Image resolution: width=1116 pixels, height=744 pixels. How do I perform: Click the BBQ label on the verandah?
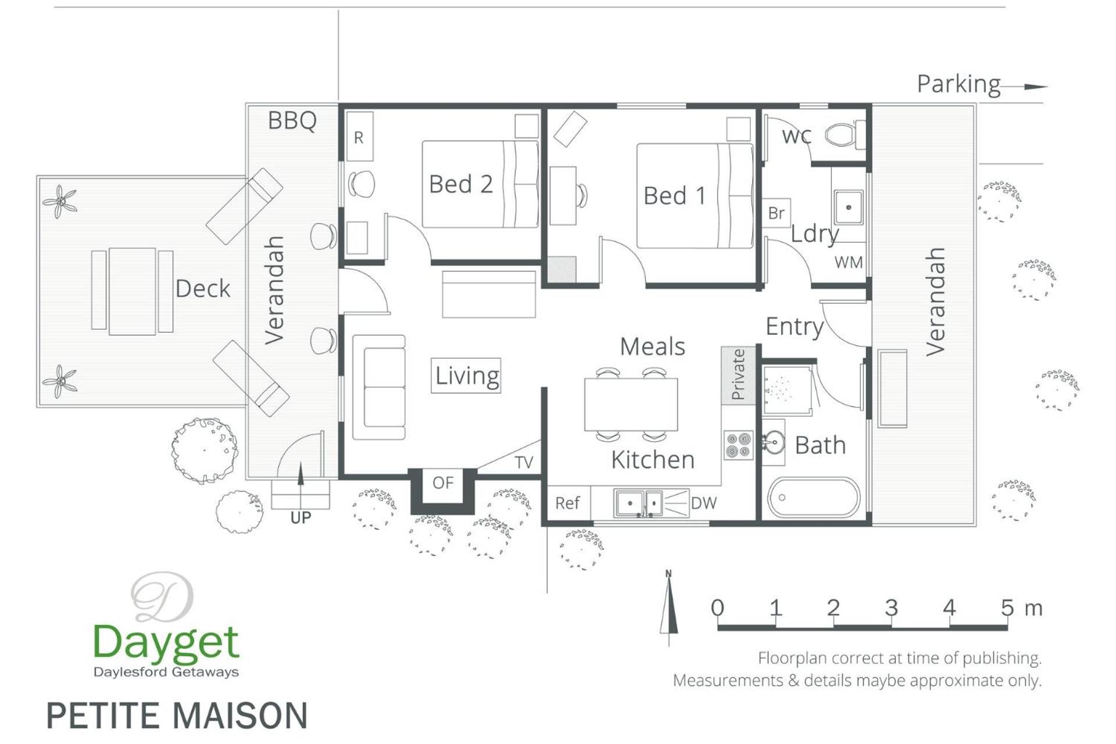(x=292, y=120)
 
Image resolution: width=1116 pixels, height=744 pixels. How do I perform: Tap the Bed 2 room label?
(x=461, y=184)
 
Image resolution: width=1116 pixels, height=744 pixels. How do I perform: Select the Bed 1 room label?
(x=675, y=196)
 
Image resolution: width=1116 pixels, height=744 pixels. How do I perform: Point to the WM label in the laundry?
(x=849, y=262)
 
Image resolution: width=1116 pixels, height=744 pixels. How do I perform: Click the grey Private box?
(x=738, y=375)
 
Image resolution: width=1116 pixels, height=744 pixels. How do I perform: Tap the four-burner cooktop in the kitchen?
(x=738, y=445)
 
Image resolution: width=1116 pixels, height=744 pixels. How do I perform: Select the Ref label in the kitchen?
(x=567, y=503)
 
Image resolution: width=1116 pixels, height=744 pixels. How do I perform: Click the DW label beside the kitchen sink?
(x=704, y=503)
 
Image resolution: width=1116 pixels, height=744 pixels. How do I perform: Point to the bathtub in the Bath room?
(x=813, y=498)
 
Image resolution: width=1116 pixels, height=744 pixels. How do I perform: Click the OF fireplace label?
(x=443, y=482)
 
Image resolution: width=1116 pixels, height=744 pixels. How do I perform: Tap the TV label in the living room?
(x=524, y=462)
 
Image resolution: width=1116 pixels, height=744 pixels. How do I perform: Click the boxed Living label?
(x=466, y=375)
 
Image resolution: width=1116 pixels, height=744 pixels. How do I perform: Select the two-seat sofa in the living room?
(x=379, y=387)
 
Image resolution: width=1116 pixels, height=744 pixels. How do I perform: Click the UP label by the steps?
(x=301, y=517)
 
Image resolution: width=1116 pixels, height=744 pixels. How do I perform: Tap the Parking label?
(x=958, y=84)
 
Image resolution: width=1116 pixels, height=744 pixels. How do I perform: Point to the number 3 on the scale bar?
(x=891, y=608)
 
